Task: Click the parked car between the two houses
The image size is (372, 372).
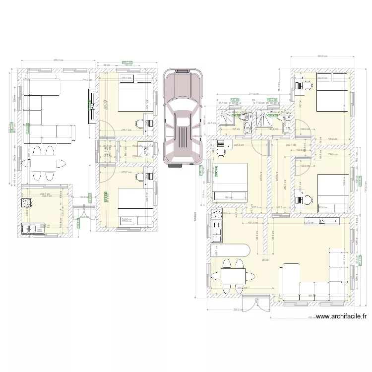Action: point(183,118)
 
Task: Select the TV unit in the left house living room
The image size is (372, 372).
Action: point(92,106)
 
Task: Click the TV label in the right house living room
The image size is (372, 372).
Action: point(322,222)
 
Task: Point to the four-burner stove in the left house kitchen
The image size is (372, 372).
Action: point(27,202)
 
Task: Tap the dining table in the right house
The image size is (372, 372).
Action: point(233,274)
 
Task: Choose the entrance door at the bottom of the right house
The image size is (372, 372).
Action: point(250,302)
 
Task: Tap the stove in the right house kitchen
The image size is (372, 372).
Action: point(217,213)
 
